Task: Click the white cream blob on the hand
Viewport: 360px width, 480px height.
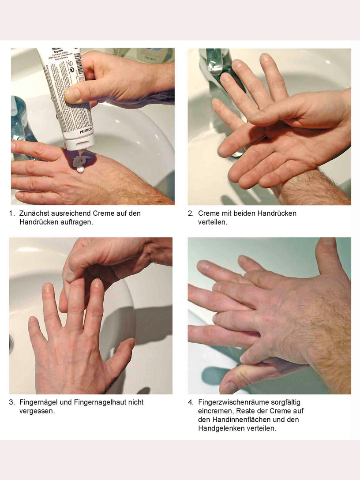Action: [80, 169]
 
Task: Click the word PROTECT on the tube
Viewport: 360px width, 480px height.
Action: [86, 131]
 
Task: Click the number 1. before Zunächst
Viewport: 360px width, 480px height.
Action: [12, 214]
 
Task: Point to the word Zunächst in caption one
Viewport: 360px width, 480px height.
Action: [33, 214]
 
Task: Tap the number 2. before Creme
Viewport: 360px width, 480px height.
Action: [191, 214]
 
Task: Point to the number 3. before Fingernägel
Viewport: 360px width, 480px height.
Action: [12, 402]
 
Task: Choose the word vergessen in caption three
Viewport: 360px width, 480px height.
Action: [37, 411]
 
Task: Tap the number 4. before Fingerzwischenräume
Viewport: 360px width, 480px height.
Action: [191, 402]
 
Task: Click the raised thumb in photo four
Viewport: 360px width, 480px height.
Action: [329, 257]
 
